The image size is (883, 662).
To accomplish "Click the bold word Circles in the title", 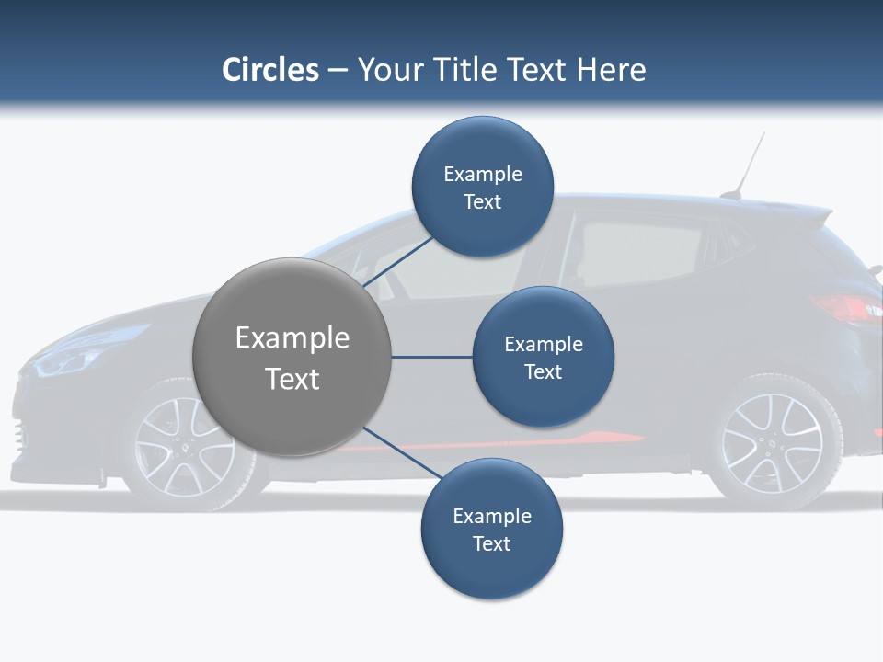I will (270, 70).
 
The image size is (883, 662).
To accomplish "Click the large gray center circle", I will (292, 357).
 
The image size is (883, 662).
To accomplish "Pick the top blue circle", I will (483, 187).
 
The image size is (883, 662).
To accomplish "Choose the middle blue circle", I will (544, 357).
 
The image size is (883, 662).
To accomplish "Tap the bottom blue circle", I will (491, 529).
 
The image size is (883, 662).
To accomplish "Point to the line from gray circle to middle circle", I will (431, 357).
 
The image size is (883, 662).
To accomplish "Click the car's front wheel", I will (179, 446).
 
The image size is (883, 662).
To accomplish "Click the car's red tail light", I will (846, 308).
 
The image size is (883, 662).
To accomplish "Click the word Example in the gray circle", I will (292, 337).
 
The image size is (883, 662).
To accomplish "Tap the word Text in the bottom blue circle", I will (491, 543).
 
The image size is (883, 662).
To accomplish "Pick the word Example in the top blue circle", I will (483, 174).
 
